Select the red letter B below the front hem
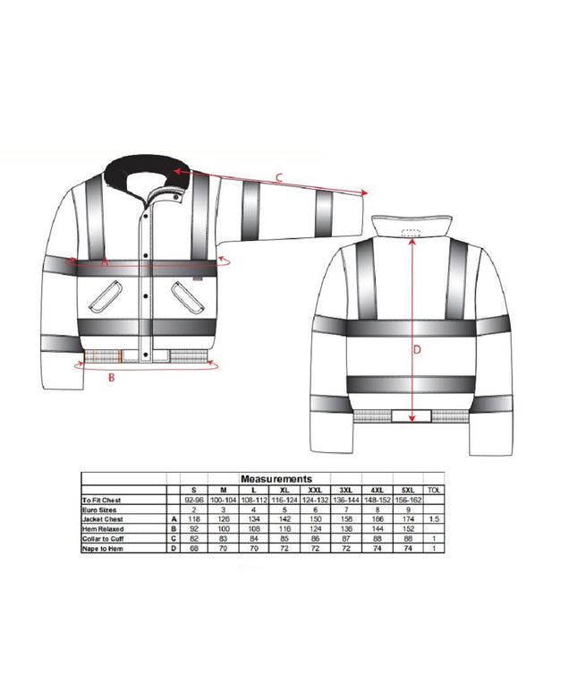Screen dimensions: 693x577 (x=111, y=378)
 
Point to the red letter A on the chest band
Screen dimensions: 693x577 (x=104, y=262)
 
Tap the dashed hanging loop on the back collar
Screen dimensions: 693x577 (x=412, y=231)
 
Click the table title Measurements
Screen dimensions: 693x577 (x=276, y=480)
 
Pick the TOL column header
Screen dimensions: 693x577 (x=434, y=490)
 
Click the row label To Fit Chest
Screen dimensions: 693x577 (x=100, y=499)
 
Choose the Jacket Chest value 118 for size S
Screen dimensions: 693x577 (x=191, y=519)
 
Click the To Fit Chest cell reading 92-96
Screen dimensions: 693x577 (x=191, y=499)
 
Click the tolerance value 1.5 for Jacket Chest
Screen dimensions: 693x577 (x=434, y=519)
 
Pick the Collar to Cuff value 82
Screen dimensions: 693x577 (x=191, y=539)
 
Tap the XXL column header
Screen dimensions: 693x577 (x=314, y=490)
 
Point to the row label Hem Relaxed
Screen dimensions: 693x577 (x=100, y=529)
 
